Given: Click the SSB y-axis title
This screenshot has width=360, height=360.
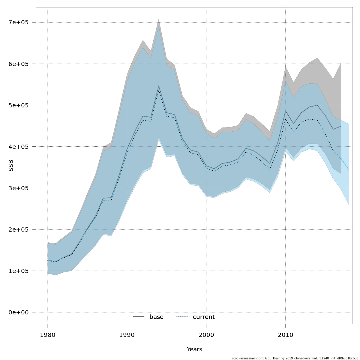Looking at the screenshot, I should point(11,166).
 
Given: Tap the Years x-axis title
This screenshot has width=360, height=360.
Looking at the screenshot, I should point(194,349).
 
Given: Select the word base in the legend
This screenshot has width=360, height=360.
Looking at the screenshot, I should point(156,317).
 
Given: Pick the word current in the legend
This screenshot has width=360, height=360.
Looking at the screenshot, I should point(204,317).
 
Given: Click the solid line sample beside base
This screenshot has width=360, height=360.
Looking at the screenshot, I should point(139,317).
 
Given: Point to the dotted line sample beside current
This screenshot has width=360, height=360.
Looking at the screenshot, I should point(182,317).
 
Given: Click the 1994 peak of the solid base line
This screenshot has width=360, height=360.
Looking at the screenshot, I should point(159,86).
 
